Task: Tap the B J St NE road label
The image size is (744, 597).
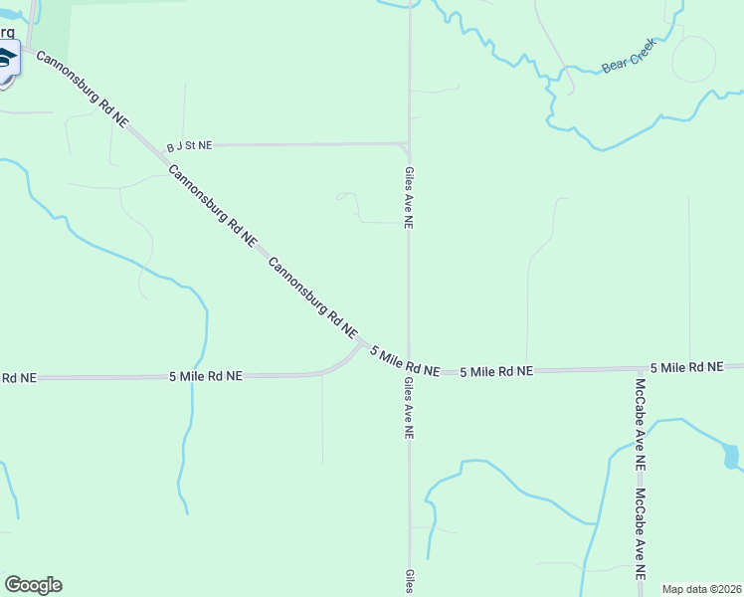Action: (x=189, y=146)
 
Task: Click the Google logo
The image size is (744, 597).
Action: (x=33, y=585)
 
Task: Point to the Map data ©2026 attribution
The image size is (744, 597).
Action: (x=701, y=589)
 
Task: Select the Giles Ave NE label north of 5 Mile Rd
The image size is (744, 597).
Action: (x=408, y=197)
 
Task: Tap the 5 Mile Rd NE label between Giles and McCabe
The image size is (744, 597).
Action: (x=496, y=371)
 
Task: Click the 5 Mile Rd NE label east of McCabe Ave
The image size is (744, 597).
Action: (x=687, y=367)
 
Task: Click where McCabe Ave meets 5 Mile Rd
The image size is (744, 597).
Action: (x=640, y=369)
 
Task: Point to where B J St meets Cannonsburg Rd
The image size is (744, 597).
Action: (x=158, y=147)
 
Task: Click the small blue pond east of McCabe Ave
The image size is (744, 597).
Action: (x=731, y=457)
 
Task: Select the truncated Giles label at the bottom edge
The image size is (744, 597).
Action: (x=408, y=582)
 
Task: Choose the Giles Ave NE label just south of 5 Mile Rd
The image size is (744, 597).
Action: (x=408, y=408)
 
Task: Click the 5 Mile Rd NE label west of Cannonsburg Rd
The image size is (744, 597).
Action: (x=206, y=376)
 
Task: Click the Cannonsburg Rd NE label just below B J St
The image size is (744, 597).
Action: (x=213, y=206)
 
